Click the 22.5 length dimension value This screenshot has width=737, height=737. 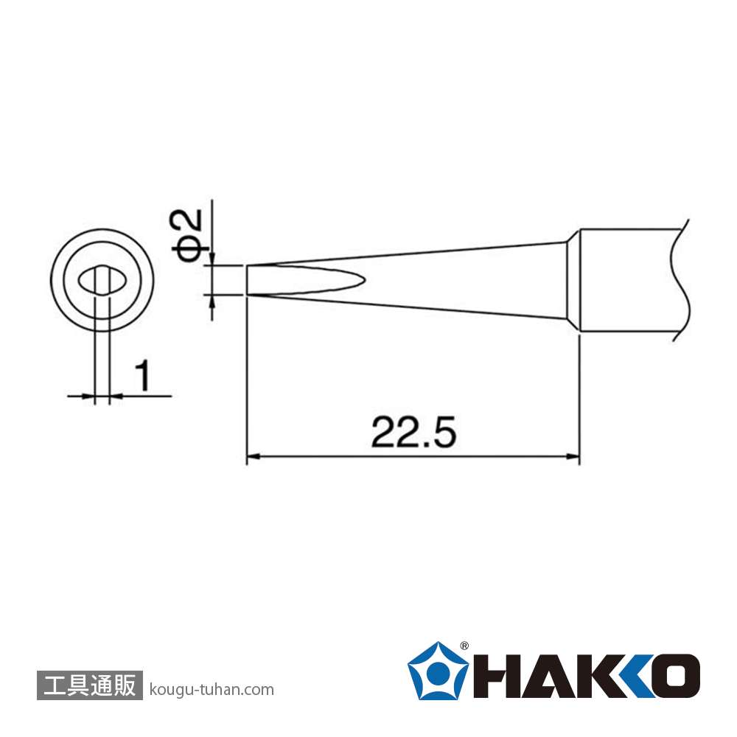click(x=413, y=432)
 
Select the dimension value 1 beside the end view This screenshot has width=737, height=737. click(x=142, y=375)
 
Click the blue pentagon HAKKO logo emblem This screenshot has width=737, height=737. click(x=437, y=670)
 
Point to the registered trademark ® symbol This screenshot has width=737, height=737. click(x=464, y=646)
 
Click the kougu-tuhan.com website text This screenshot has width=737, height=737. click(x=211, y=690)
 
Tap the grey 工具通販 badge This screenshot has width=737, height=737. click(x=89, y=685)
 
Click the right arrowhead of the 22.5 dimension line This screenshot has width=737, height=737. click(x=573, y=456)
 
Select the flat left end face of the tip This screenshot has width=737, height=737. click(x=247, y=280)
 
